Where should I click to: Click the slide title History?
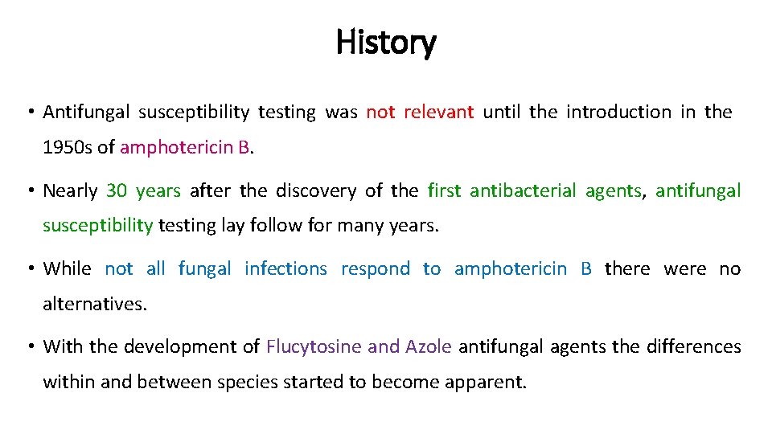(386, 42)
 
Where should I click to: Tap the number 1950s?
(68, 147)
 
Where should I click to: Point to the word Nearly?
(70, 191)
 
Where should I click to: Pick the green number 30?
(117, 191)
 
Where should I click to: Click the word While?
(67, 269)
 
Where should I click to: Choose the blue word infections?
(285, 269)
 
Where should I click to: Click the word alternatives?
(93, 304)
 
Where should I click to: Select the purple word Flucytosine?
(314, 347)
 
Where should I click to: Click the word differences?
(692, 347)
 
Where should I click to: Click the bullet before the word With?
(29, 347)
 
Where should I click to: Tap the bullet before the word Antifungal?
(29, 113)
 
